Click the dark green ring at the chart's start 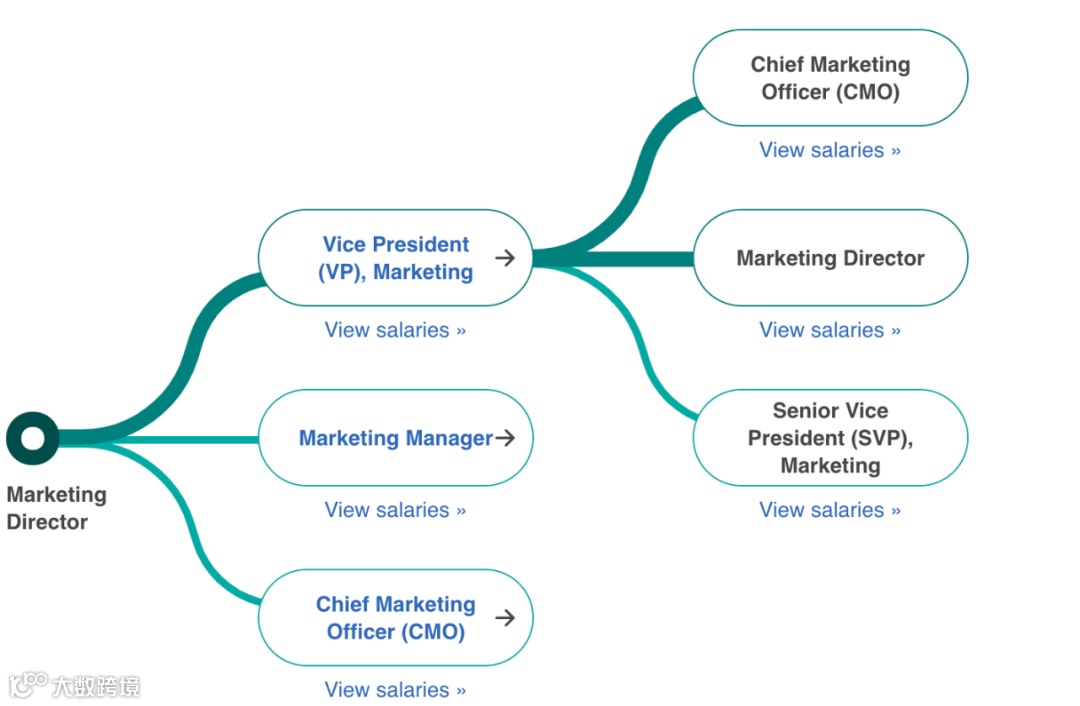point(33,438)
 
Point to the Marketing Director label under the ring point(56,508)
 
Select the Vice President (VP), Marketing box point(396,258)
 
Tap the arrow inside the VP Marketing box point(506,258)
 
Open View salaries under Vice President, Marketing point(395,330)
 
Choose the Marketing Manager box point(396,438)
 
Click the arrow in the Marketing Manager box point(506,438)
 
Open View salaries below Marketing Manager point(395,510)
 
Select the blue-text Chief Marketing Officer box point(396,618)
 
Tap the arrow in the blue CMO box point(506,618)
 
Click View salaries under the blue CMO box point(395,690)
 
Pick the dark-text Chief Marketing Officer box point(830,78)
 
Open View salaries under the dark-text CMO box point(830,150)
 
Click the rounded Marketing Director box point(830,258)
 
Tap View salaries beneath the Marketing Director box point(830,330)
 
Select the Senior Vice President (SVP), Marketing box point(830,438)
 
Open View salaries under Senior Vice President point(830,510)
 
